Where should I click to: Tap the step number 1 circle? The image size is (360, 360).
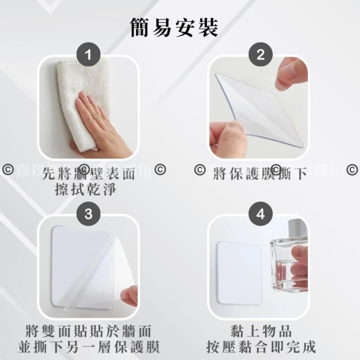(x=89, y=55)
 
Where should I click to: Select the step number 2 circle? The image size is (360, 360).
(x=260, y=55)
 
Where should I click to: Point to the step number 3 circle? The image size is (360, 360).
(x=89, y=215)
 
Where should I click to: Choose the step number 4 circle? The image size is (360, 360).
(x=260, y=215)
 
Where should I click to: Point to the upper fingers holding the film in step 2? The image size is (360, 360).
(x=290, y=74)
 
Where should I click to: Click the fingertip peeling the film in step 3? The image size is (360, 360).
(x=130, y=295)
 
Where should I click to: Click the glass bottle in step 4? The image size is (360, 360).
(x=288, y=263)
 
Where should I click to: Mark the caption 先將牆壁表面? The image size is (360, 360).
(x=89, y=175)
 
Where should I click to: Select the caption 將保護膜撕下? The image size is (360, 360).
(x=260, y=175)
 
